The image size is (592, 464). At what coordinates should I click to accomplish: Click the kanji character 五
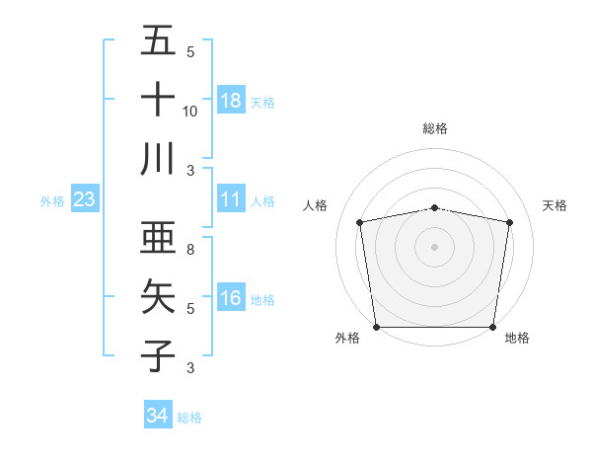(x=158, y=40)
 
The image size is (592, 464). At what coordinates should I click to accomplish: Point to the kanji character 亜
(x=158, y=238)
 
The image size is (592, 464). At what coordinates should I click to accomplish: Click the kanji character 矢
(x=158, y=297)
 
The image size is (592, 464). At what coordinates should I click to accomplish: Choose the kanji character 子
(x=158, y=355)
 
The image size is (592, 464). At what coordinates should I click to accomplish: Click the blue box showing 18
(x=231, y=100)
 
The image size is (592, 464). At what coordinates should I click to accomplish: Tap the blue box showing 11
(x=231, y=199)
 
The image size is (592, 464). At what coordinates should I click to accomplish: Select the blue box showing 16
(x=231, y=298)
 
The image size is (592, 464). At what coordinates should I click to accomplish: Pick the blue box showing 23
(x=85, y=199)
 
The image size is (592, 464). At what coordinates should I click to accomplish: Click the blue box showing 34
(x=157, y=416)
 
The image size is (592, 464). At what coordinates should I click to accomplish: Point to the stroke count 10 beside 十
(x=190, y=111)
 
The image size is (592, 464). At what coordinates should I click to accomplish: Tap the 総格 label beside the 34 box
(x=189, y=418)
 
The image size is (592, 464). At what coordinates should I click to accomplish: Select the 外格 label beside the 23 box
(x=52, y=201)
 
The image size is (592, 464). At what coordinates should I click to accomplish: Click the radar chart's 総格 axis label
(x=434, y=128)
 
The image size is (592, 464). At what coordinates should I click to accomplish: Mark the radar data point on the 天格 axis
(x=510, y=222)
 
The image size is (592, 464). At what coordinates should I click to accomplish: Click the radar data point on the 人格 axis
(x=359, y=222)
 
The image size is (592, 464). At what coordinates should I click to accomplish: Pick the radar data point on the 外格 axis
(x=376, y=327)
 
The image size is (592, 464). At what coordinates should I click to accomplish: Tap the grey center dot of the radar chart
(x=434, y=246)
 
